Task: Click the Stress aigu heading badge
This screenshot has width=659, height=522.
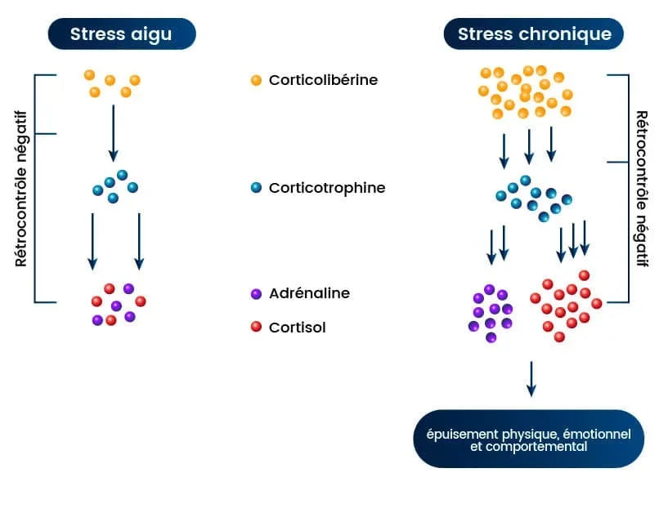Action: (x=121, y=34)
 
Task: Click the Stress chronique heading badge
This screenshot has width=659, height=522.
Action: (x=534, y=34)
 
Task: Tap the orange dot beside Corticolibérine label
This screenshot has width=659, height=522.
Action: (x=256, y=80)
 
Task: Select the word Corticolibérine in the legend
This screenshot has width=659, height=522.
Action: (x=323, y=80)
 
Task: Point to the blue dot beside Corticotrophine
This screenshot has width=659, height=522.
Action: (x=256, y=188)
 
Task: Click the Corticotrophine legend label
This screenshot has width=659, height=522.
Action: (x=327, y=188)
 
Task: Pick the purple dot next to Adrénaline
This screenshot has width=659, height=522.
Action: (x=256, y=293)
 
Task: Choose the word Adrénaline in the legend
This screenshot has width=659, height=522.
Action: (x=309, y=293)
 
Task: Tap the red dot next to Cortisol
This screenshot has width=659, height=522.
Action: (x=256, y=327)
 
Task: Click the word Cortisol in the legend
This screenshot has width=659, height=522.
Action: (x=298, y=328)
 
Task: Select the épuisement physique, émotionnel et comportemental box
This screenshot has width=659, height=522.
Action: (x=529, y=439)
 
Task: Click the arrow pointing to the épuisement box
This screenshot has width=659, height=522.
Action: (x=531, y=378)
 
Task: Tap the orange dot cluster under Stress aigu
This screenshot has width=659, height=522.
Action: (x=112, y=83)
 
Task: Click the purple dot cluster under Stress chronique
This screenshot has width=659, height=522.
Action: (x=491, y=311)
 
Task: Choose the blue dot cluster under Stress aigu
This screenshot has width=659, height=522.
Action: (x=114, y=187)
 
